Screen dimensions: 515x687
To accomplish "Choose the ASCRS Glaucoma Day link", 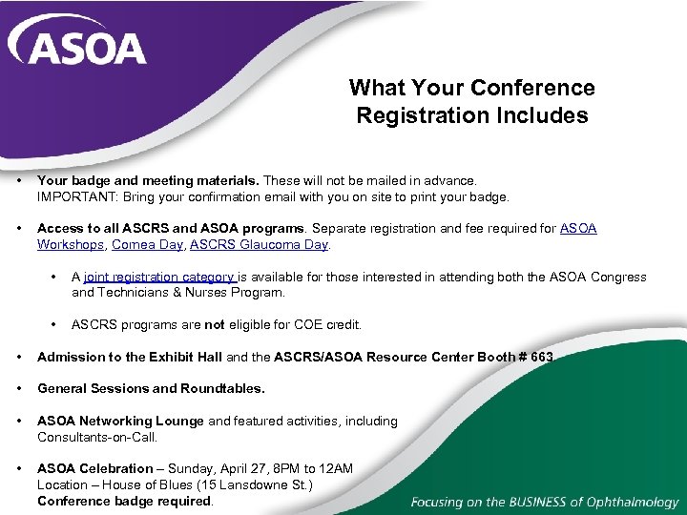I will (x=259, y=244).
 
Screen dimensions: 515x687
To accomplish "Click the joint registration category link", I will (x=159, y=278).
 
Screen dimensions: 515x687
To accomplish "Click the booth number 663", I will (x=541, y=357).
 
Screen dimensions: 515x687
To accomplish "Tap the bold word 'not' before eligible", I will (x=215, y=324).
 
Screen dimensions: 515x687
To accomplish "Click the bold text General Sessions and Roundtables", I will (x=151, y=388).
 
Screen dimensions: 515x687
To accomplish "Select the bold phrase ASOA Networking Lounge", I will (x=120, y=421).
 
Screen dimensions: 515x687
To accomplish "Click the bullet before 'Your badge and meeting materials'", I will (x=18, y=180).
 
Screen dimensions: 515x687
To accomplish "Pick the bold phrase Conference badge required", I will (x=124, y=501).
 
